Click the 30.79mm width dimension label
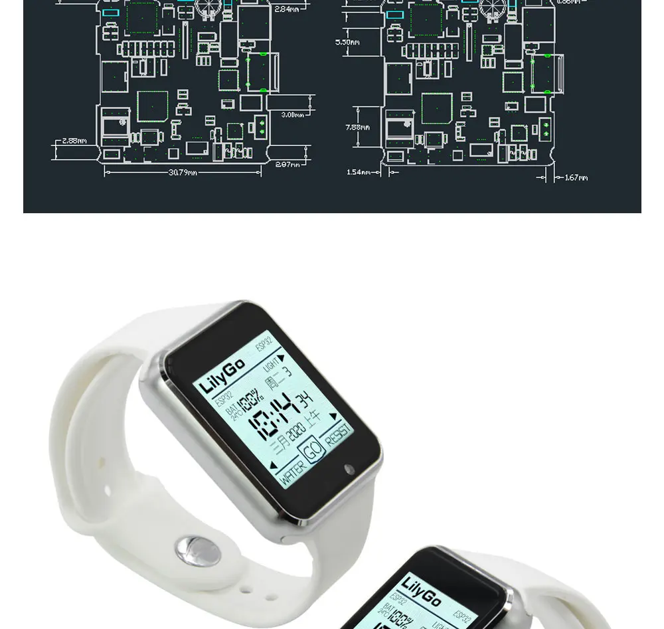[x=183, y=173]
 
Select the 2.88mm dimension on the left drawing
[x=74, y=141]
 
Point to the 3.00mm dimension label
[x=292, y=115]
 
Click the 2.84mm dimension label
[x=286, y=9]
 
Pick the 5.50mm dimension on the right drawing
[x=347, y=42]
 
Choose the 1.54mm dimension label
[x=358, y=172]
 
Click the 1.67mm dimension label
[x=576, y=177]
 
